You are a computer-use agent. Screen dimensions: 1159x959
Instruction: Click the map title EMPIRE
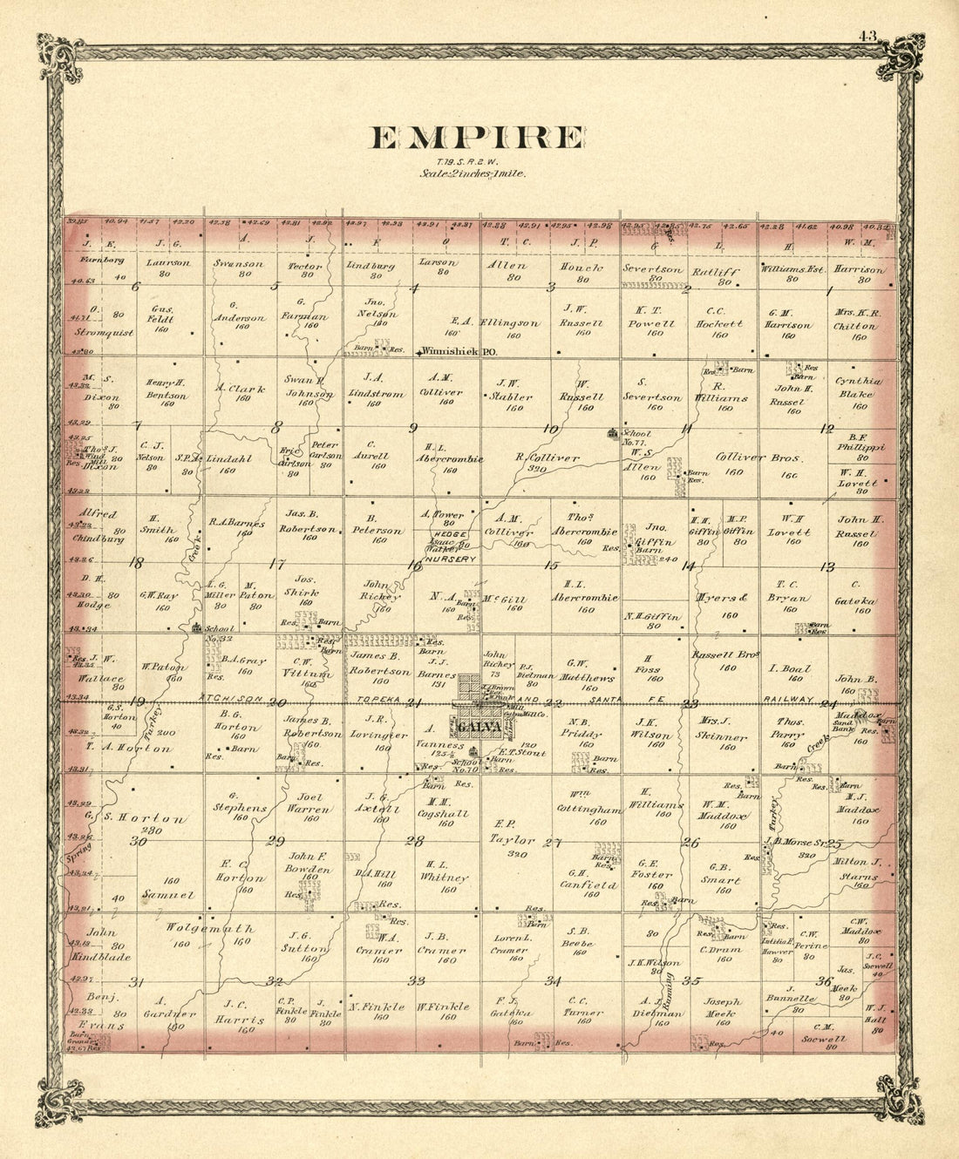coord(478,139)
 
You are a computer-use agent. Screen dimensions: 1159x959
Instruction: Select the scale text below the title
coord(472,173)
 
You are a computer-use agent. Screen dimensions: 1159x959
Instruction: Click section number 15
coord(550,566)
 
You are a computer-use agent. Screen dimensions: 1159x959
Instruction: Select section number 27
coord(551,842)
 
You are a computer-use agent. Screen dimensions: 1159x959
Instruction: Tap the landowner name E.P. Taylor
coord(512,832)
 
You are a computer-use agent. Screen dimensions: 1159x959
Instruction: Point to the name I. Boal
coord(790,669)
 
